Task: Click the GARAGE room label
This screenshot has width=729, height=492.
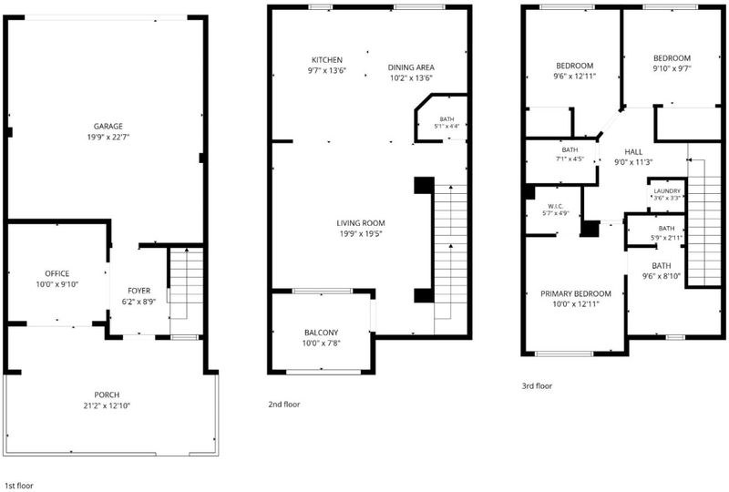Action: tap(108, 126)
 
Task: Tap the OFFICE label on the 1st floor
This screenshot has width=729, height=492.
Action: tap(57, 273)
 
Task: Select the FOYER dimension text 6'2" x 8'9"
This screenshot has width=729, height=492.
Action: tap(139, 302)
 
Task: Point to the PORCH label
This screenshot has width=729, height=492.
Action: tap(107, 395)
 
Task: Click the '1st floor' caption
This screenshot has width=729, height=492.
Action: tap(18, 486)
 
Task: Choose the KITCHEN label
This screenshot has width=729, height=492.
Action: tap(327, 60)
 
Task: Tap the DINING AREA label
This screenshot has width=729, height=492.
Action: tap(412, 67)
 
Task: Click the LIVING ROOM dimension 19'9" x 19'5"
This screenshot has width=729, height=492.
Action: tap(361, 234)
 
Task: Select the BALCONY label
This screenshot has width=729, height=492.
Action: tap(322, 333)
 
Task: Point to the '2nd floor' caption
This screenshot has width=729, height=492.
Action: tap(284, 405)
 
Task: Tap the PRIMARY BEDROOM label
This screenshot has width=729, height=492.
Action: tap(576, 293)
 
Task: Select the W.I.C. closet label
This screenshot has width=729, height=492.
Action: tap(556, 206)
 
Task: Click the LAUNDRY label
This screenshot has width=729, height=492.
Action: tap(667, 191)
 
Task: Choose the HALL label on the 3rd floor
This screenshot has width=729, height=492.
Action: tap(633, 151)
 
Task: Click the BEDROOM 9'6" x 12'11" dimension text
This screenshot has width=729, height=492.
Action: tap(575, 77)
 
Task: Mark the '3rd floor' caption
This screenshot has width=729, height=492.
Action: tap(537, 385)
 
